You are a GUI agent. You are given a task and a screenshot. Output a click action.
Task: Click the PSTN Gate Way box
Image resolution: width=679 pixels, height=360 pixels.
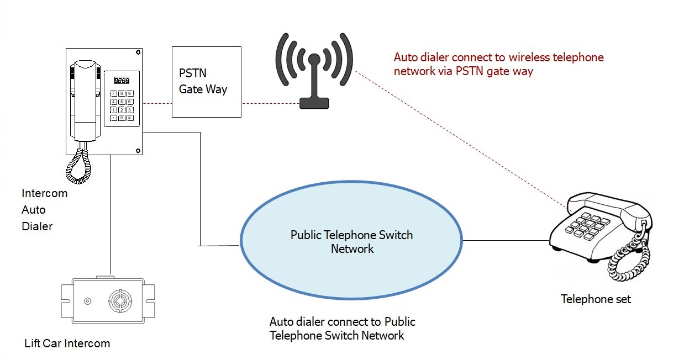206,81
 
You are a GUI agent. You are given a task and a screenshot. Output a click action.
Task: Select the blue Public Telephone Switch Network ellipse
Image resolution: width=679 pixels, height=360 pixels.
352,241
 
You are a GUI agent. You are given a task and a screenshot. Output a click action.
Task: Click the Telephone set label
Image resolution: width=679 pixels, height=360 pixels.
596,299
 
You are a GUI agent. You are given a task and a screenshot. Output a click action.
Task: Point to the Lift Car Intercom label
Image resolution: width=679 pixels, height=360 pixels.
67,343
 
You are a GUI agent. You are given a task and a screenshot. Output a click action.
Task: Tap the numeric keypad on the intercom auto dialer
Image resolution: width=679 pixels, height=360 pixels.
122,105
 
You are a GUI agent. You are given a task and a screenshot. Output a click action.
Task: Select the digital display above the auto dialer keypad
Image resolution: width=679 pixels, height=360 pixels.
122,80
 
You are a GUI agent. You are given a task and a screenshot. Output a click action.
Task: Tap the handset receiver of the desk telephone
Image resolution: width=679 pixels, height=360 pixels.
608,205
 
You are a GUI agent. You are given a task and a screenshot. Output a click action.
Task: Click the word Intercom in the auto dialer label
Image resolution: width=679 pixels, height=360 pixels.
44,194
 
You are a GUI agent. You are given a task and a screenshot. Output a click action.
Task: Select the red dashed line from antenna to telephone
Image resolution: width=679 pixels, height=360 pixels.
459,138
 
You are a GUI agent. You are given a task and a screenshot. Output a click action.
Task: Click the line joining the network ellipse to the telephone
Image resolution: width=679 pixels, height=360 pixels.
506,241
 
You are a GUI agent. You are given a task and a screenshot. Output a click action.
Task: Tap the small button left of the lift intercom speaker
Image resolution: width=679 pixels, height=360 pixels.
87,301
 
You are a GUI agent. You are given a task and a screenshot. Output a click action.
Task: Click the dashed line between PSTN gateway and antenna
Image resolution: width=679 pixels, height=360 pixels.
270,103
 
